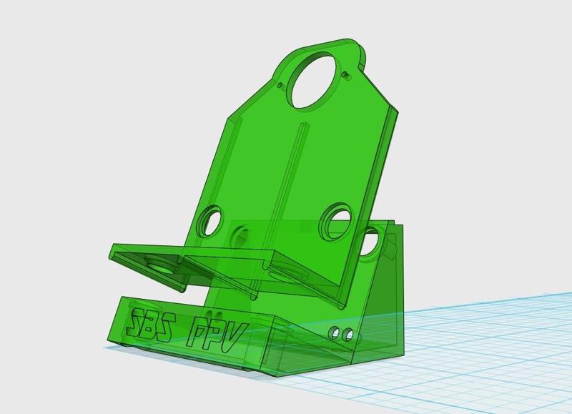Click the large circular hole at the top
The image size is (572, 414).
click(x=315, y=80)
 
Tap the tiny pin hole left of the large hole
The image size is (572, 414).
click(x=280, y=86)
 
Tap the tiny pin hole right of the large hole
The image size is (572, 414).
click(x=345, y=75)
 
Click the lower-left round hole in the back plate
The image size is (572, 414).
click(x=209, y=222)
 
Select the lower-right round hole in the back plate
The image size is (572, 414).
click(x=335, y=222)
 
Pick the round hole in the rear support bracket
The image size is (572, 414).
click(x=372, y=242)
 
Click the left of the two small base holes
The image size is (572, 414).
click(x=333, y=332)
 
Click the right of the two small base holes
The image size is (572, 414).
click(x=348, y=335)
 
